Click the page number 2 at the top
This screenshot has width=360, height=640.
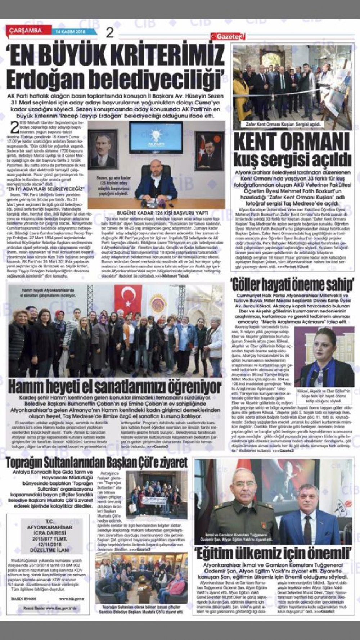coord(110,33)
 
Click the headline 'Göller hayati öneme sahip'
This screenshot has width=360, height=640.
coord(293,285)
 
